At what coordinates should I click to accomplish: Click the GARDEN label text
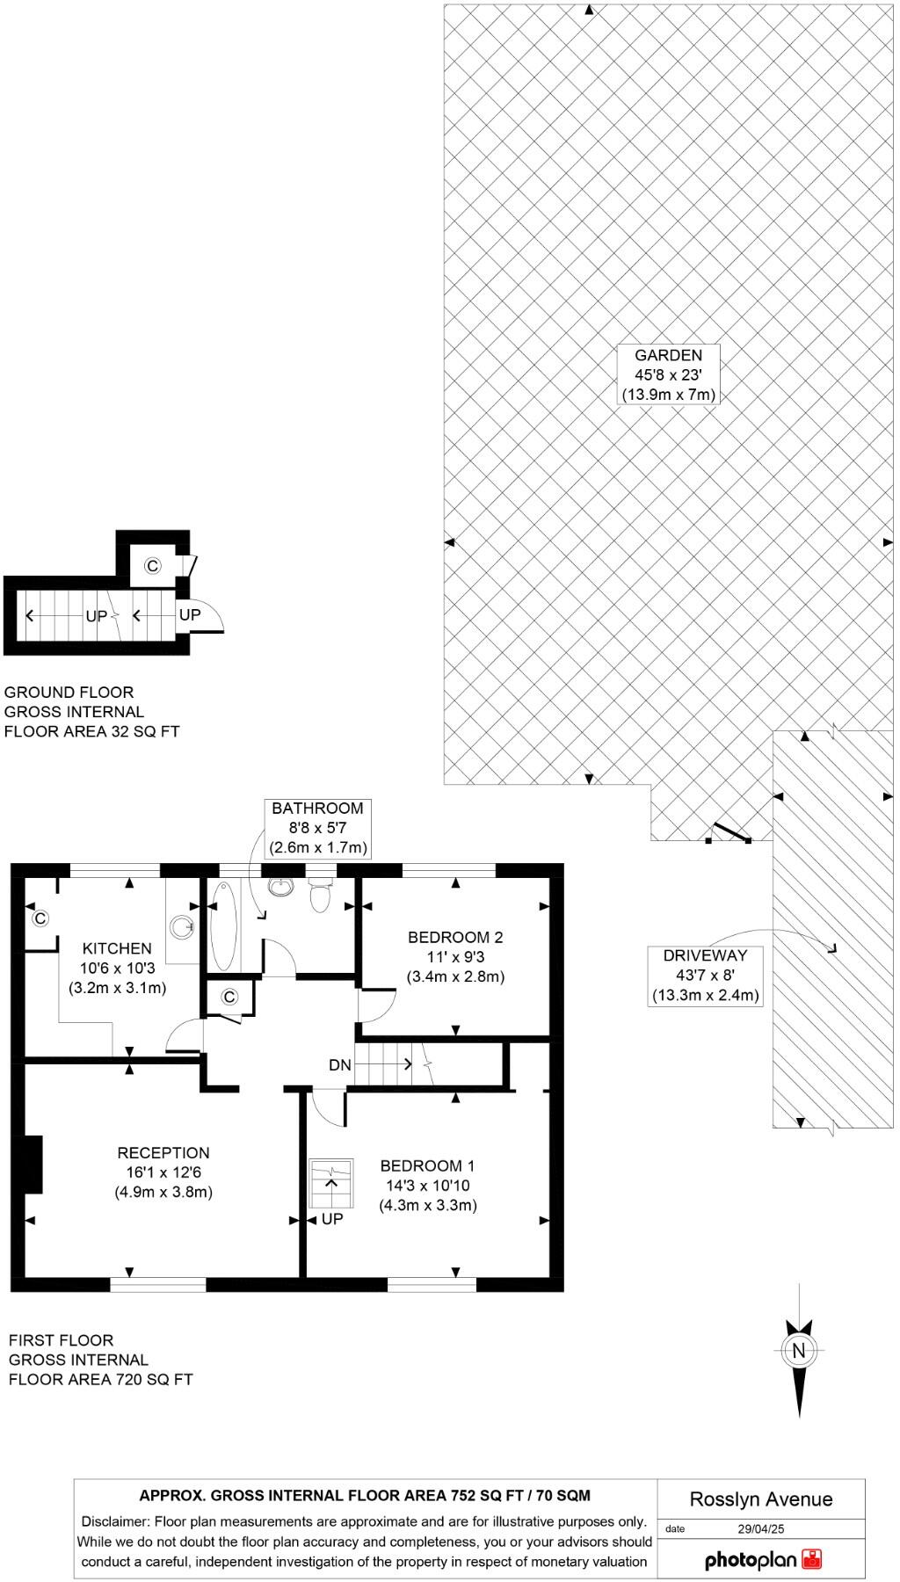[x=669, y=356]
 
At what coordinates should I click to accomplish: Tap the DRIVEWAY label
[x=705, y=955]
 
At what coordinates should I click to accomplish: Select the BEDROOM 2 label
[x=455, y=938]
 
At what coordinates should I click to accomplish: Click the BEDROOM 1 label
[x=427, y=1166]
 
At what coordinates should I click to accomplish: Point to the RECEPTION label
[x=163, y=1153]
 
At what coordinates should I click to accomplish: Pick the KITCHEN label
[x=117, y=948]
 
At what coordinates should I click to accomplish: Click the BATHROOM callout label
[x=317, y=809]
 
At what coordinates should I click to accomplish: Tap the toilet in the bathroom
[x=319, y=896]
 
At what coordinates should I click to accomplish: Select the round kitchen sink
[x=183, y=925]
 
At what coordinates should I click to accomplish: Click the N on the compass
[x=798, y=1351]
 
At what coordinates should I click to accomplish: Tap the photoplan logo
[x=763, y=1560]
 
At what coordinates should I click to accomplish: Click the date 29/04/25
[x=760, y=1528]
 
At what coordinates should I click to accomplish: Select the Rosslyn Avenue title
[x=760, y=1499]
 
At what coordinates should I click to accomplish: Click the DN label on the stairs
[x=340, y=1065]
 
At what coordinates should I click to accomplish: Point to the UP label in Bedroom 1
[x=332, y=1220]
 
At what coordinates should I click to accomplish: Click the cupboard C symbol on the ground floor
[x=152, y=566]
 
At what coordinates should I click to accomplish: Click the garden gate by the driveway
[x=729, y=832]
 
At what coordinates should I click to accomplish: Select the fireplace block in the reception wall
[x=33, y=1165]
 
